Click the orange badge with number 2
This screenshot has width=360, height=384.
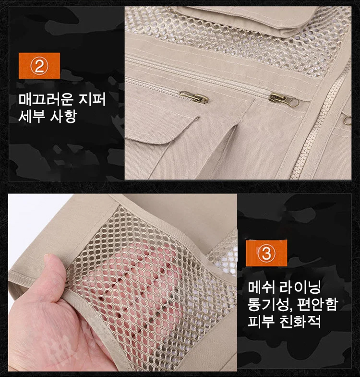(39, 66)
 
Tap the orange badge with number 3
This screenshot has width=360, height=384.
(266, 253)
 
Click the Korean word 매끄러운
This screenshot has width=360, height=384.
(46, 99)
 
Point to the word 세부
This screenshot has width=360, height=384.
(32, 116)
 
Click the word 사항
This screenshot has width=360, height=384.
(64, 116)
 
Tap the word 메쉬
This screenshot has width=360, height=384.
(261, 287)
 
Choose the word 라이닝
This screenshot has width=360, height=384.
(300, 287)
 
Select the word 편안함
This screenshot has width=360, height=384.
(318, 304)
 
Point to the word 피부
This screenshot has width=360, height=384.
(261, 321)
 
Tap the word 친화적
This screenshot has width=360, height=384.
(300, 321)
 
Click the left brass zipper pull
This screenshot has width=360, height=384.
(194, 97)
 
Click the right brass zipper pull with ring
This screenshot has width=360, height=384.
(284, 100)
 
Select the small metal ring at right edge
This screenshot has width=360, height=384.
(347, 120)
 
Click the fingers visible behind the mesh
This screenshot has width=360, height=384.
(137, 282)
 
